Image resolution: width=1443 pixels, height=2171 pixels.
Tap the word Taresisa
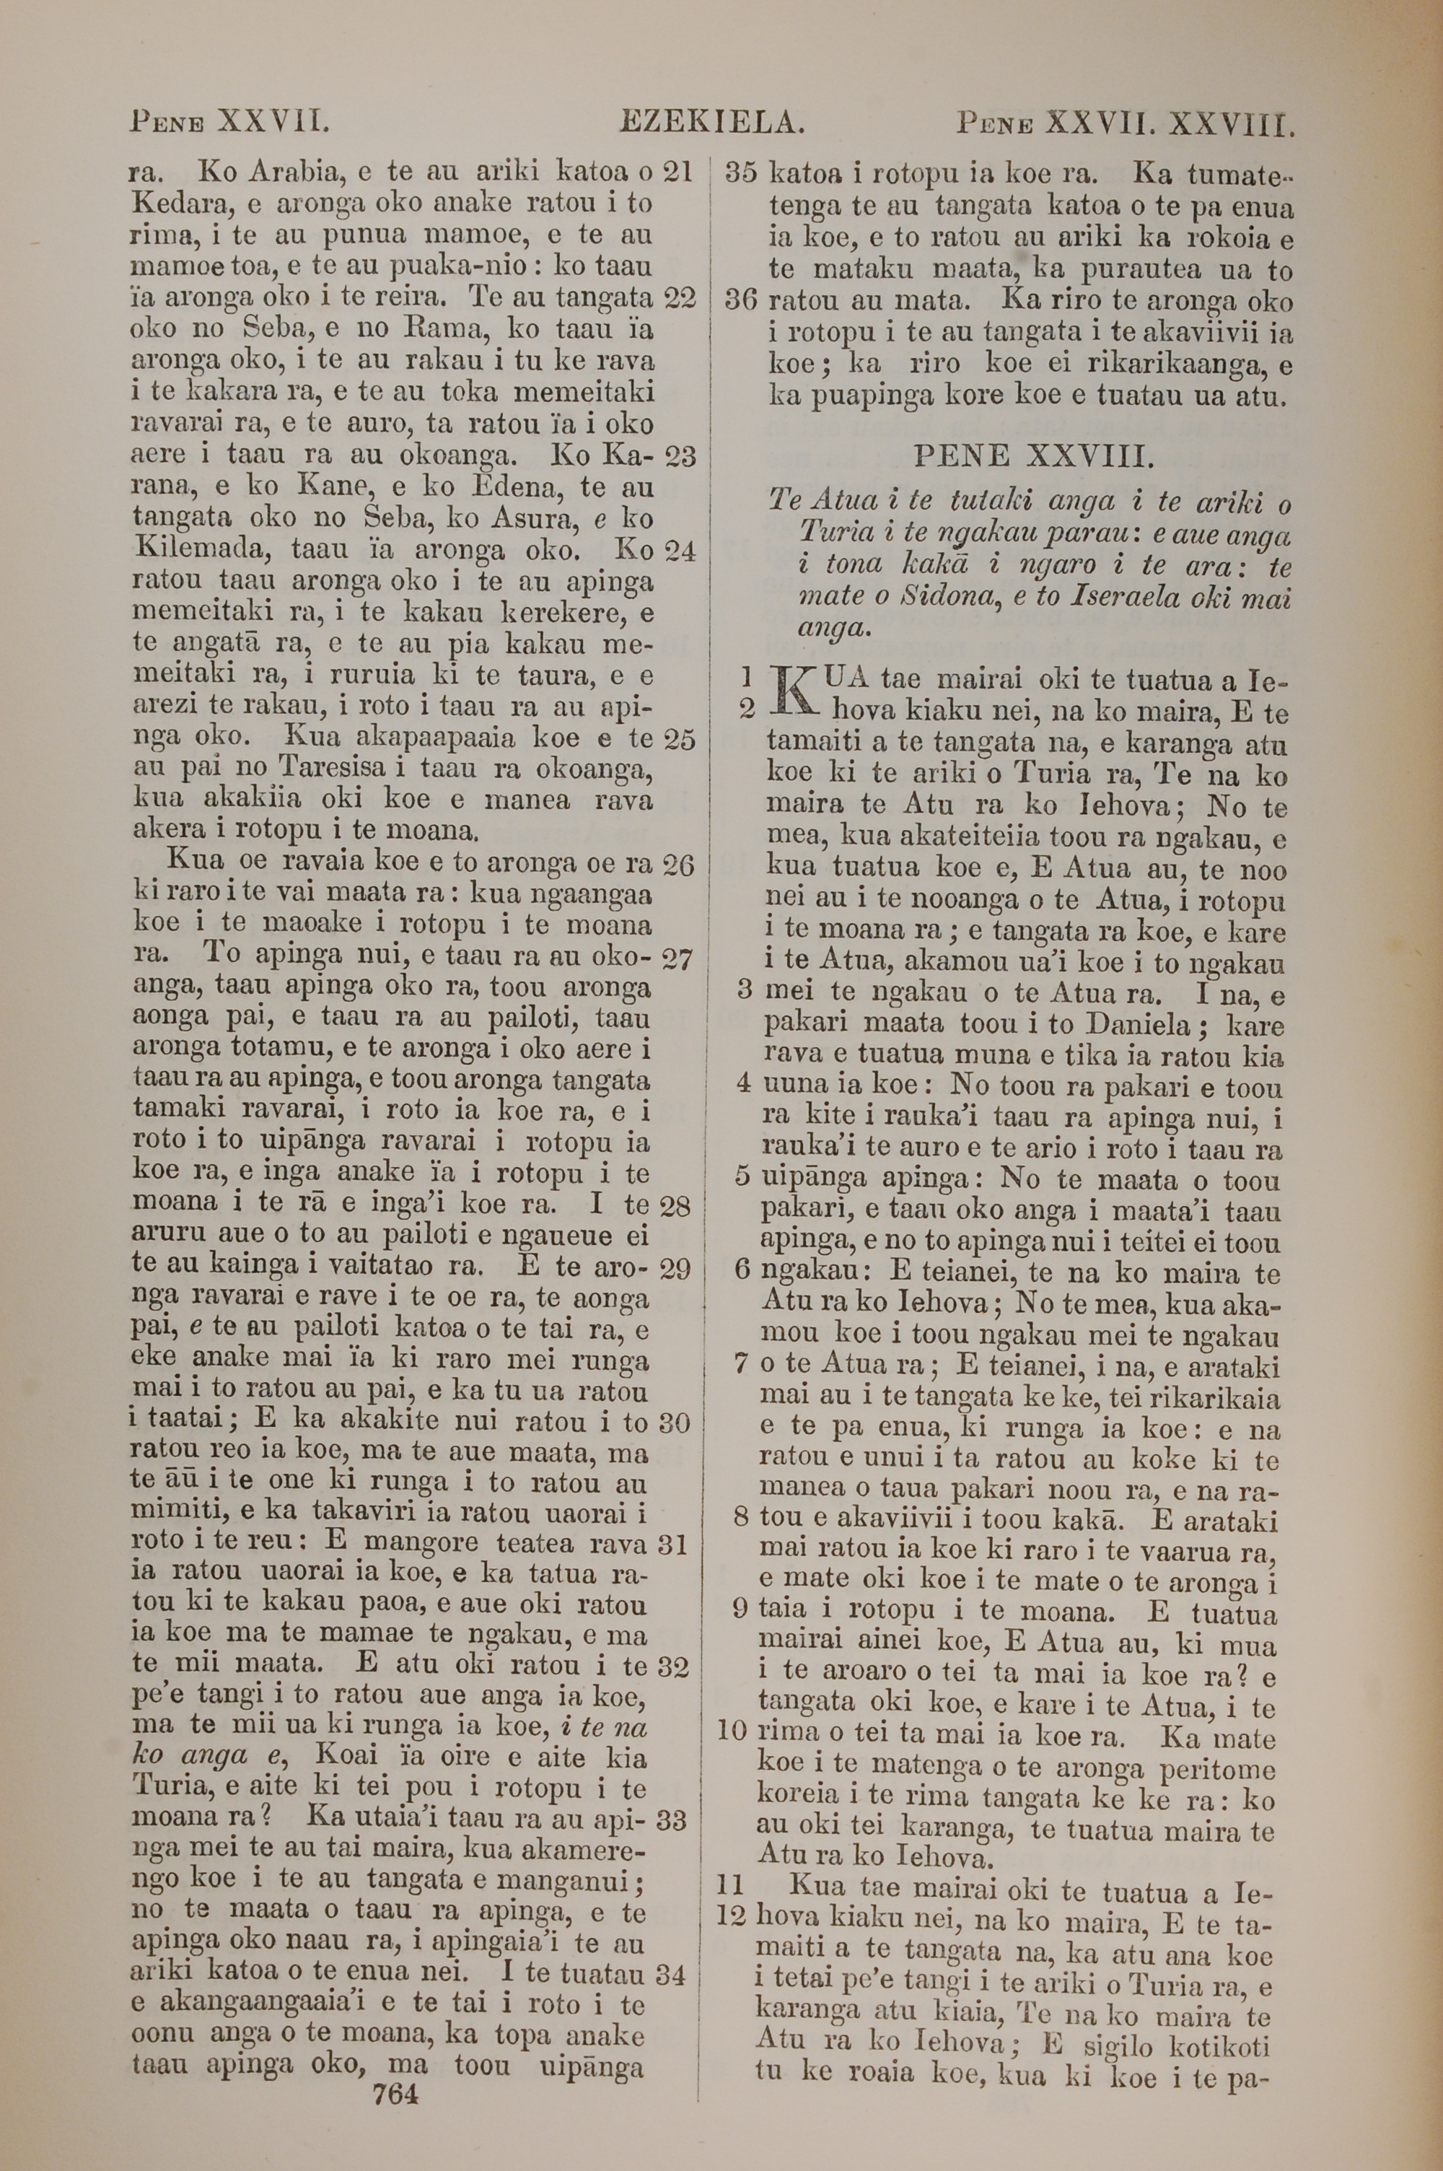[x=327, y=769]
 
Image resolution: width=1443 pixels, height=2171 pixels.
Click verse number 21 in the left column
[x=678, y=172]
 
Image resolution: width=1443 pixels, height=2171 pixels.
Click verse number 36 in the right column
[x=742, y=301]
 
